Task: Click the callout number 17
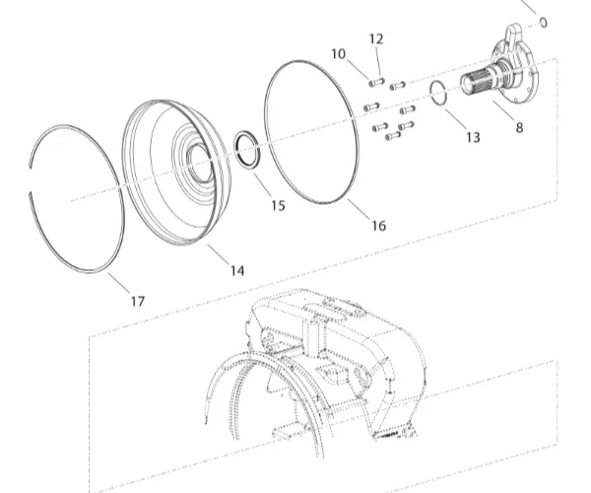[138, 301]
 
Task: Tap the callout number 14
[237, 270]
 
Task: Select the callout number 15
[278, 205]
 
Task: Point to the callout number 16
[379, 226]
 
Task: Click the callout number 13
[473, 137]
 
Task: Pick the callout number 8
[519, 128]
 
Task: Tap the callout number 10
[339, 54]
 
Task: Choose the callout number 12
[376, 38]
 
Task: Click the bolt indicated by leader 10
[376, 82]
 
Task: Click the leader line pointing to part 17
[119, 283]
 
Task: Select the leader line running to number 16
[359, 208]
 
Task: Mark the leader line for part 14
[219, 254]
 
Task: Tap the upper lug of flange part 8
[513, 35]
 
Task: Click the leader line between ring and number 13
[456, 119]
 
